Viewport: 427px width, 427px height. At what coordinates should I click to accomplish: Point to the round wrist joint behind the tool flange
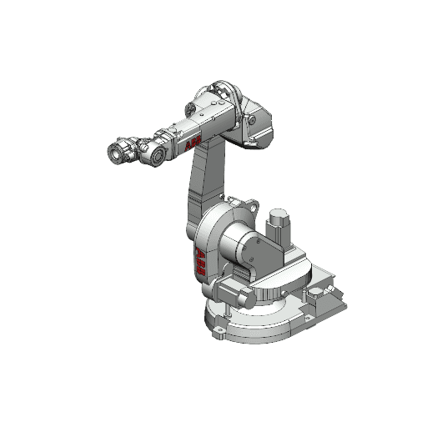click(x=155, y=150)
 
